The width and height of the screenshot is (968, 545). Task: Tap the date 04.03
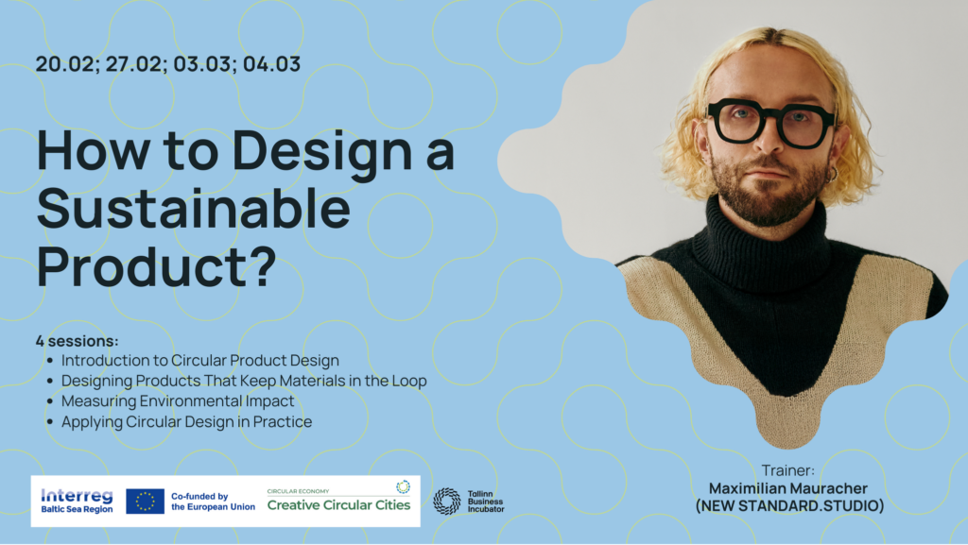271,64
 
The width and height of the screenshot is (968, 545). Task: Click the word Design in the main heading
321,152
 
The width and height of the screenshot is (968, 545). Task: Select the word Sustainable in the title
194,209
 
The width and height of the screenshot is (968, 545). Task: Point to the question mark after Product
265,265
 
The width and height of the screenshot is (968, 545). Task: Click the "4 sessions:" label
78,341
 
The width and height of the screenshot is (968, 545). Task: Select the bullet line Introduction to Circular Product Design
200,360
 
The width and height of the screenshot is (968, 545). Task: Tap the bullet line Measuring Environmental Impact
178,400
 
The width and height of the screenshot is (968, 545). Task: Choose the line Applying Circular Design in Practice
186,421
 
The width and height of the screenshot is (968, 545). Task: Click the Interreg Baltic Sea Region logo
78,501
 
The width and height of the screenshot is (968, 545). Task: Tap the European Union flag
145,502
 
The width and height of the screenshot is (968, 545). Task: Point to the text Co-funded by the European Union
213,502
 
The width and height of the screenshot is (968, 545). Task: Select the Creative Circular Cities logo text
339,505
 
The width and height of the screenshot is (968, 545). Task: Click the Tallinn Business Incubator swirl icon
447,502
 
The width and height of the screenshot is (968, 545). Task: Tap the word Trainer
787,470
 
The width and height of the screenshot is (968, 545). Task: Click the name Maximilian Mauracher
788,488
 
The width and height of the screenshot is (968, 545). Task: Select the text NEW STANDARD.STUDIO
789,506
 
